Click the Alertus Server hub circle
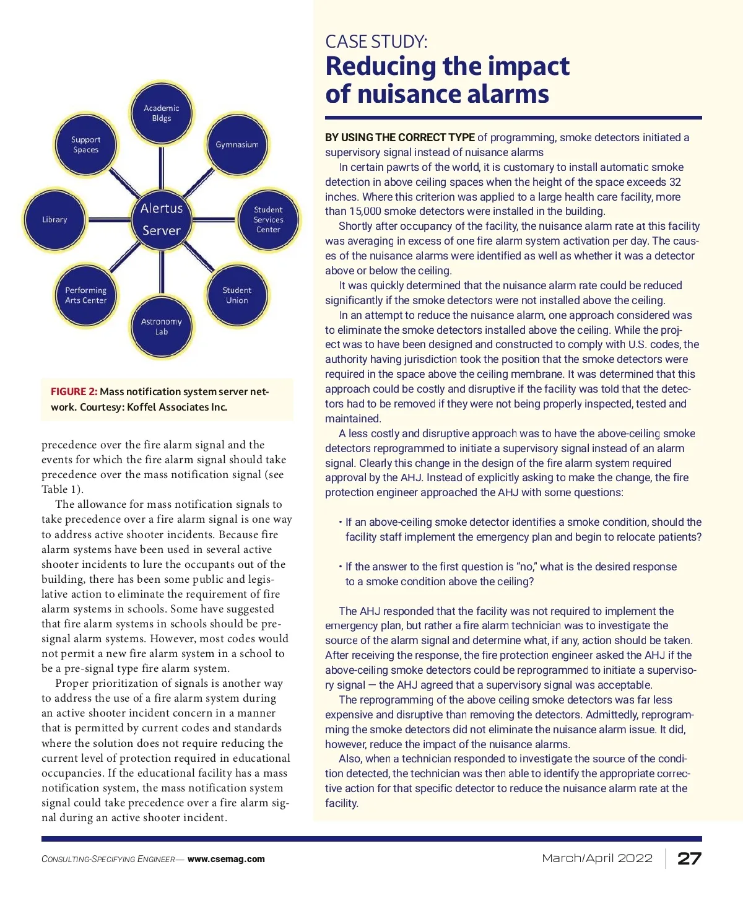coord(162,219)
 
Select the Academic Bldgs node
coord(162,113)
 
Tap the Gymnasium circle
coord(237,145)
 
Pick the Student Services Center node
coord(268,220)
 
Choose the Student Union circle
coord(237,295)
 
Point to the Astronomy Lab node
coord(162,326)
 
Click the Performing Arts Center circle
coord(86,295)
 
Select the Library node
coord(54,220)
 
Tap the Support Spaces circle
coord(86,145)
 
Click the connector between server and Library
coord(108,220)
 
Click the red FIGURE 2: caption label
coord(74,392)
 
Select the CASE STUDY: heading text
coord(376,42)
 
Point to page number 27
coord(689,858)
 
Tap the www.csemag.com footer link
coord(226,860)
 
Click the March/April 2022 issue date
coord(597,858)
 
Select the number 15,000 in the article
coord(365,212)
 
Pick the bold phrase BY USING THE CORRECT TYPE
coord(400,137)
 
